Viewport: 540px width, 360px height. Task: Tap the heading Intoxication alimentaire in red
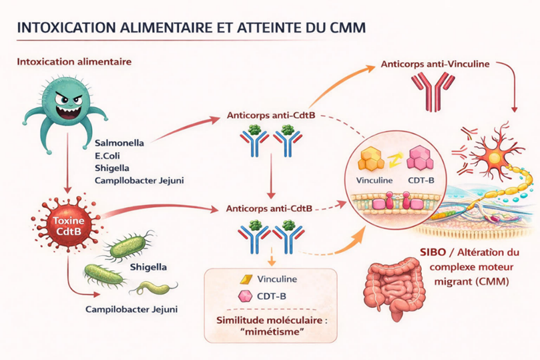(x=73, y=62)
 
